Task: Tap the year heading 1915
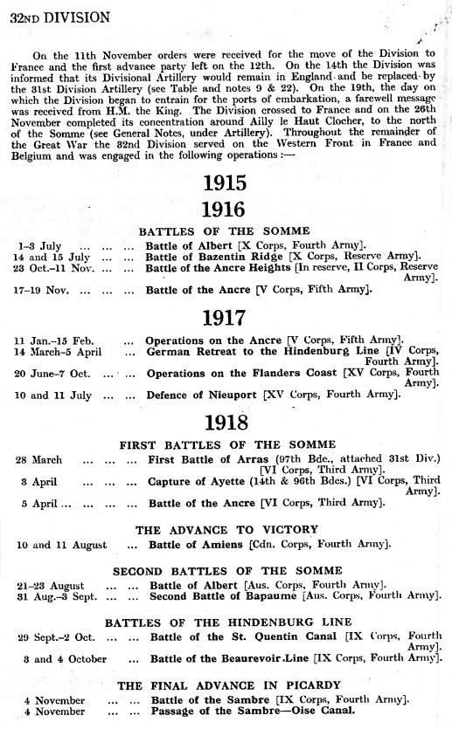(x=226, y=183)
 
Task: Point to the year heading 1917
(x=226, y=315)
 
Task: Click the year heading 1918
(x=226, y=422)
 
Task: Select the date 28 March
(x=38, y=459)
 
